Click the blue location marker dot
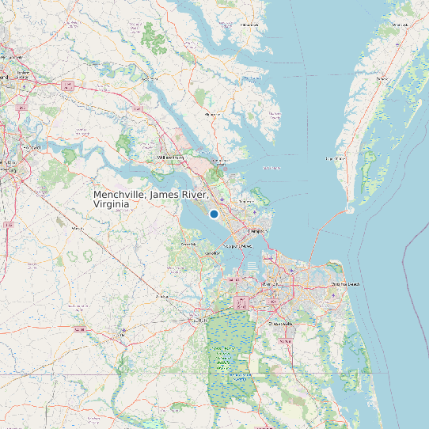point(214,214)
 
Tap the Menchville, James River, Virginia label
point(151,199)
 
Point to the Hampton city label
point(255,230)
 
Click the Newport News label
point(238,246)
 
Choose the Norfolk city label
point(271,283)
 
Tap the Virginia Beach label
point(344,283)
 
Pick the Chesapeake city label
point(280,323)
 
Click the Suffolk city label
point(199,320)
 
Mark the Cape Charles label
point(335,159)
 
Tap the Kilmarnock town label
point(250,25)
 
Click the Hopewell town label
point(31,147)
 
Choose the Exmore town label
point(382,79)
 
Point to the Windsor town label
point(162,296)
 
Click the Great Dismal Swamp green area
point(229,356)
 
